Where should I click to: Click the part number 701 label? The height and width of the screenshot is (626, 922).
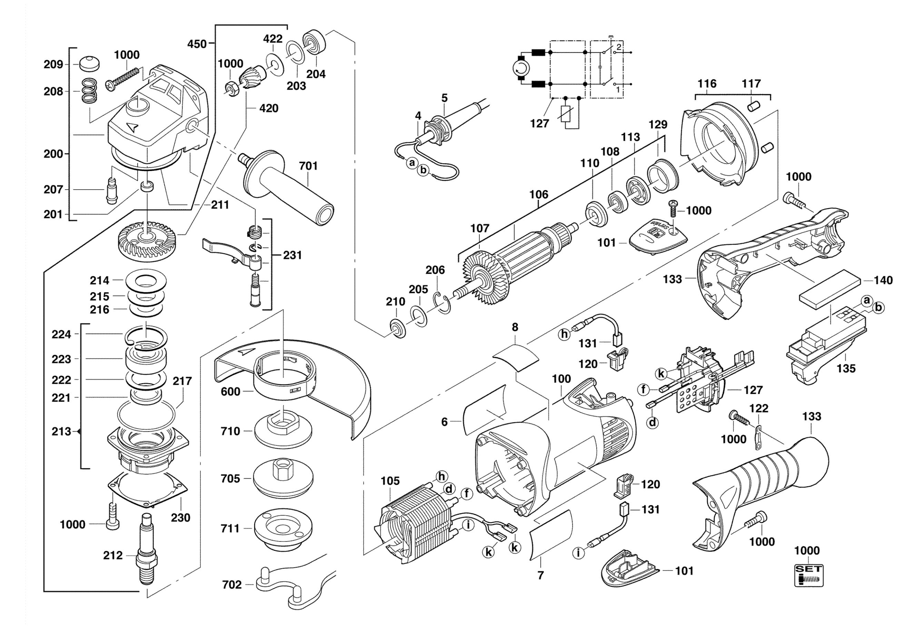[x=308, y=166]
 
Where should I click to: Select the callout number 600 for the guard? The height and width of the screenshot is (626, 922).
[x=230, y=391]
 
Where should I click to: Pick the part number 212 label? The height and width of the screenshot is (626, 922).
[x=113, y=555]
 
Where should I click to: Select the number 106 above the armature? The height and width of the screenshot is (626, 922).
[x=538, y=195]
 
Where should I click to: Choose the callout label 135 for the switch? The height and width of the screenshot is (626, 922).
[x=846, y=369]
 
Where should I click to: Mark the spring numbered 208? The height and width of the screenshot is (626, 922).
[x=90, y=91]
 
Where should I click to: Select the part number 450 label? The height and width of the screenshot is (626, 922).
[x=197, y=44]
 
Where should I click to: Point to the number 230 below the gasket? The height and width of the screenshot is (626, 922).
[x=180, y=518]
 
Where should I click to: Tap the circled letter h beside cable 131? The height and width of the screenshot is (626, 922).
[x=564, y=335]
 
